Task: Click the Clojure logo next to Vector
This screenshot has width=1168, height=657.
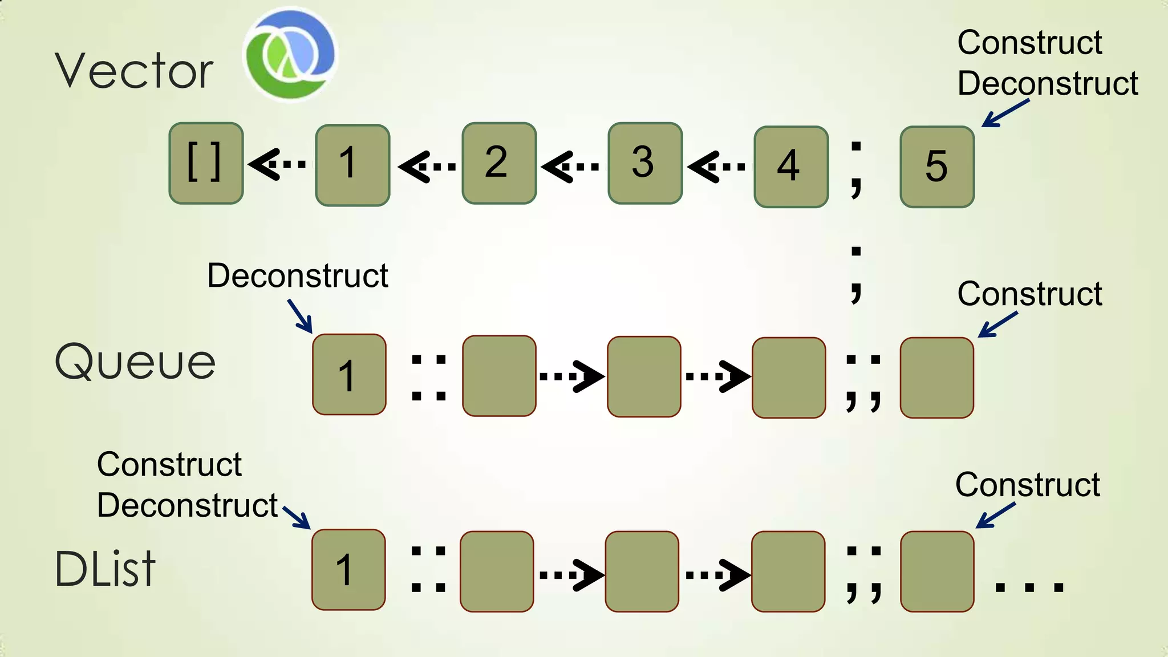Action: tap(290, 54)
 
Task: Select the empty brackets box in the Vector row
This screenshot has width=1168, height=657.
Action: tap(206, 163)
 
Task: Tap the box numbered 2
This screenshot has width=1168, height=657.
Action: tap(499, 163)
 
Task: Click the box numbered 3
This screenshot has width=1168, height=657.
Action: tap(645, 163)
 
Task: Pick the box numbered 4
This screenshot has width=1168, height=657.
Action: tap(791, 167)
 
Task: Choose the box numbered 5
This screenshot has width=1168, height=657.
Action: tap(937, 167)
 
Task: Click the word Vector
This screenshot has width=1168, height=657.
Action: tap(134, 71)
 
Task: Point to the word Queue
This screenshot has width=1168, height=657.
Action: tap(135, 362)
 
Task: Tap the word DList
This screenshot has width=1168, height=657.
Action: tap(105, 569)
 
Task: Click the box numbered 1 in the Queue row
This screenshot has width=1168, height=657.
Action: tap(349, 374)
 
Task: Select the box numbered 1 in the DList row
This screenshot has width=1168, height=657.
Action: tap(348, 569)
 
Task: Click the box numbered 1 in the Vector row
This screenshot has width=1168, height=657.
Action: tap(352, 165)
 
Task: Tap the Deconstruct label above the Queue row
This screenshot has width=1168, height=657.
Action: tap(297, 276)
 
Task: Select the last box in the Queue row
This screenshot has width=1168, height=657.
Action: tap(936, 378)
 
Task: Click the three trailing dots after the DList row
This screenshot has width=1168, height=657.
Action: tap(1029, 586)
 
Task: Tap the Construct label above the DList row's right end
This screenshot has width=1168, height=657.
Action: tap(1027, 485)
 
